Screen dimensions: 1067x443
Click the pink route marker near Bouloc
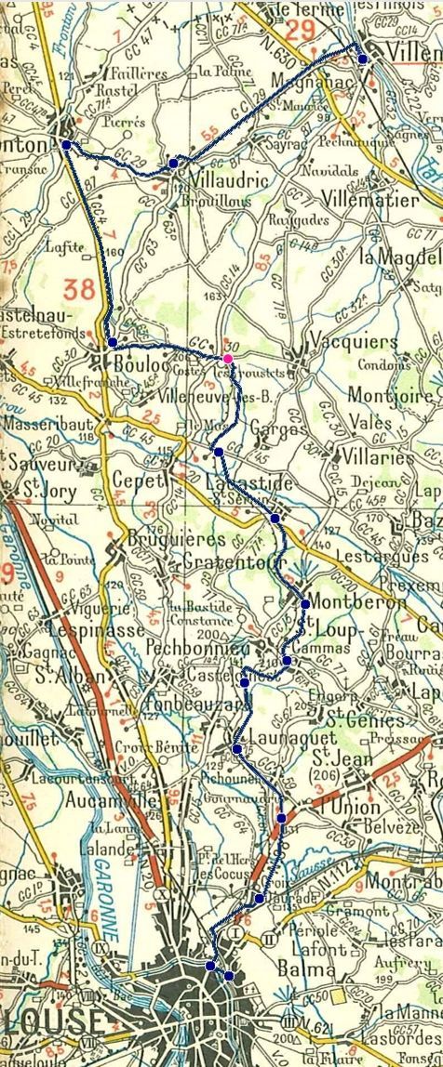tap(227, 359)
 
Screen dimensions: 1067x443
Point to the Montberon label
tap(360, 601)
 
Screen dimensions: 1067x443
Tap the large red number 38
tap(80, 289)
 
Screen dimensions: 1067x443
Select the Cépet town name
tap(138, 481)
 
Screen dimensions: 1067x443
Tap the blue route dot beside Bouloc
tap(113, 342)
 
